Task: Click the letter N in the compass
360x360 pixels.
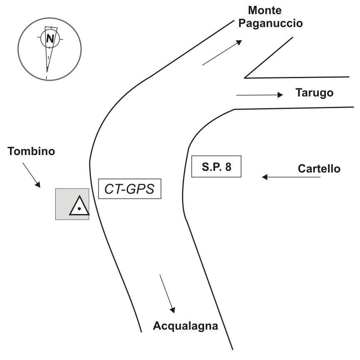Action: click(50, 39)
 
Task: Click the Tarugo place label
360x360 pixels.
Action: click(314, 93)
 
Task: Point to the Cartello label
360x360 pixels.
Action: click(319, 168)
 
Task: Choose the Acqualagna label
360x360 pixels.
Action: click(185, 325)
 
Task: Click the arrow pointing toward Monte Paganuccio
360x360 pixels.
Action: click(222, 53)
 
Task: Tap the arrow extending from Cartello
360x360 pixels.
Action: click(291, 178)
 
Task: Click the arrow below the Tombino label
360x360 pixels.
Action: click(32, 174)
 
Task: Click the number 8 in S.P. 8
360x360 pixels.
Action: click(227, 167)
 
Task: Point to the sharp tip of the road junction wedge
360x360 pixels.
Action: click(245, 77)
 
